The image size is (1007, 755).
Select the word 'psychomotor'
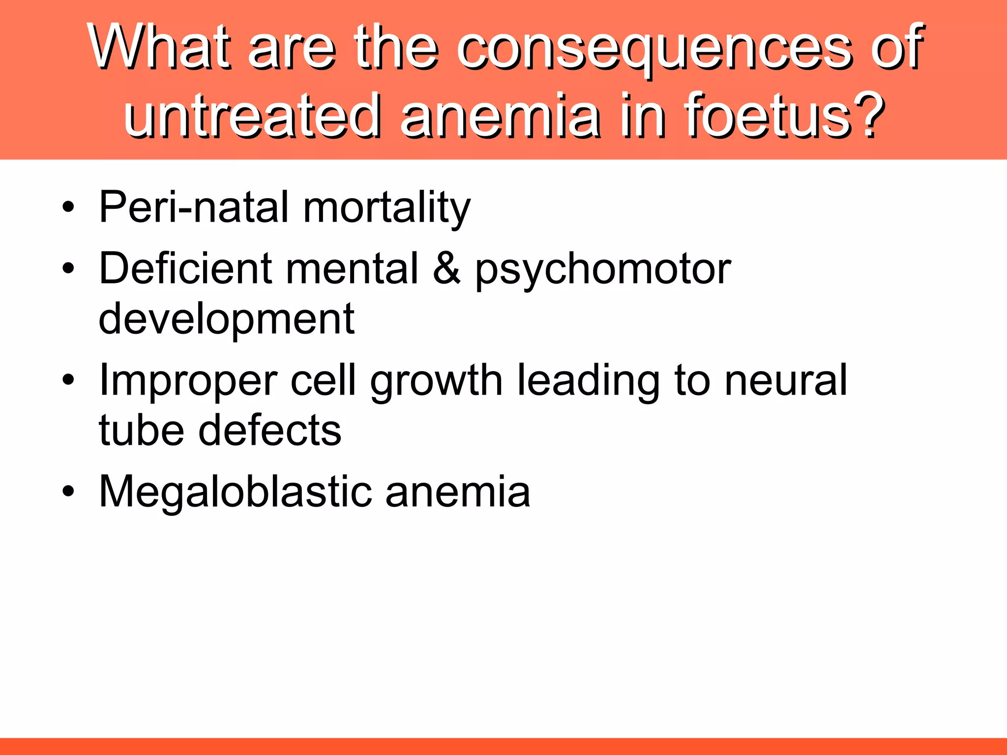(x=603, y=270)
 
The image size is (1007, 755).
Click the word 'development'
(x=226, y=319)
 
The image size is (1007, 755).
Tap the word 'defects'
(x=269, y=430)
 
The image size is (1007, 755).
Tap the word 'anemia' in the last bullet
(x=457, y=492)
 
